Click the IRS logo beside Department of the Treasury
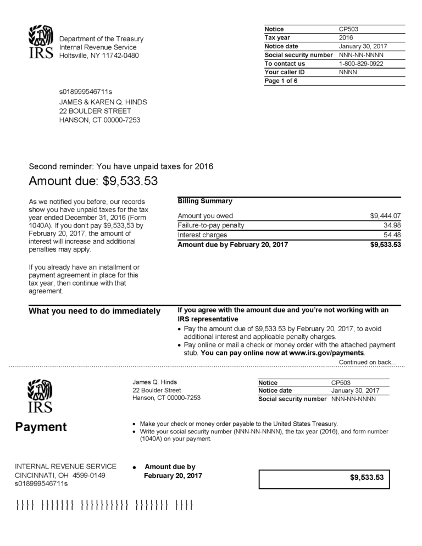point(41,42)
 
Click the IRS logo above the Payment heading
point(41,396)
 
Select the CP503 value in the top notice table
point(349,29)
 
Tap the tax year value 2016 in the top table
point(347,37)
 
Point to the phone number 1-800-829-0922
point(361,64)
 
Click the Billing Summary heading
point(205,201)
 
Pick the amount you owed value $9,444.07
point(385,216)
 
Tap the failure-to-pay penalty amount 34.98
point(392,225)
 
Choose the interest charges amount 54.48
point(392,235)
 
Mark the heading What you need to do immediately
point(95,311)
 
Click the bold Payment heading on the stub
point(41,427)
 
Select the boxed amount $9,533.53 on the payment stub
point(367,477)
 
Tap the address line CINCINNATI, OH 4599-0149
point(60,475)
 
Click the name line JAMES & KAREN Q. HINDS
point(103,102)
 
